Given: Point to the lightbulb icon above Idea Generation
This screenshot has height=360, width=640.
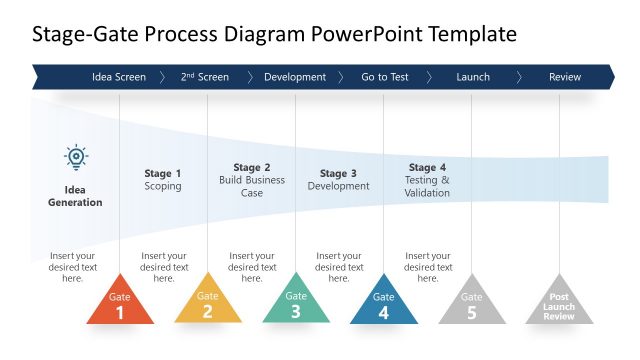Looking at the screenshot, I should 76,157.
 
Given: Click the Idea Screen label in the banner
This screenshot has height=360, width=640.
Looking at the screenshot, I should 118,77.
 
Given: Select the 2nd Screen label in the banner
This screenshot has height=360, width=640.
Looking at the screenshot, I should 205,77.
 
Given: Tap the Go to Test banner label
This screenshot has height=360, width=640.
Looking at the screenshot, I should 384,77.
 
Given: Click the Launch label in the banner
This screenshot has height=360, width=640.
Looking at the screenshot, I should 473,77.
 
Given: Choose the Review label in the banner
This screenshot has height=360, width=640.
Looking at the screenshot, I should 565,77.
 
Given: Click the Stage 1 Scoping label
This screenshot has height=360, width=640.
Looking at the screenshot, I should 163,180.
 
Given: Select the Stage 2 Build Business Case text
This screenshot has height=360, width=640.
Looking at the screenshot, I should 252,180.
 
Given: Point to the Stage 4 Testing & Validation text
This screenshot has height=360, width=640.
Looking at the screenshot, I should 427,180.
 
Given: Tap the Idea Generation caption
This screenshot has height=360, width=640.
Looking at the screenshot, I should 76,196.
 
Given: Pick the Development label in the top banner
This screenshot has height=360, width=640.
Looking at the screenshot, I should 295,77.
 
